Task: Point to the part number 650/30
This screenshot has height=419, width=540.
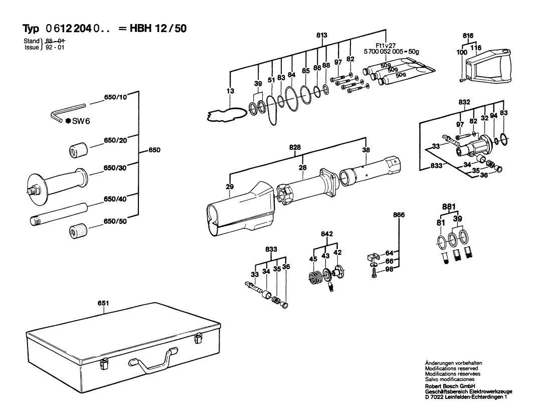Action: [115, 168]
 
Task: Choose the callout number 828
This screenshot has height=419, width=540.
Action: [295, 147]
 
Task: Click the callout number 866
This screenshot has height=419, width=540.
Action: [399, 215]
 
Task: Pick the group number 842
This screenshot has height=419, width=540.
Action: [327, 234]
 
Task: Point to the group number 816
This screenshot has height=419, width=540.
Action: [468, 36]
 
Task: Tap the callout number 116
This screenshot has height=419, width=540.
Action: [476, 48]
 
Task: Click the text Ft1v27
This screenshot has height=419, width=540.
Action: [386, 45]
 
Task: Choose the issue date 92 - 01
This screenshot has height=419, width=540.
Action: [55, 47]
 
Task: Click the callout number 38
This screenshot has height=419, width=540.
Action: [366, 149]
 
